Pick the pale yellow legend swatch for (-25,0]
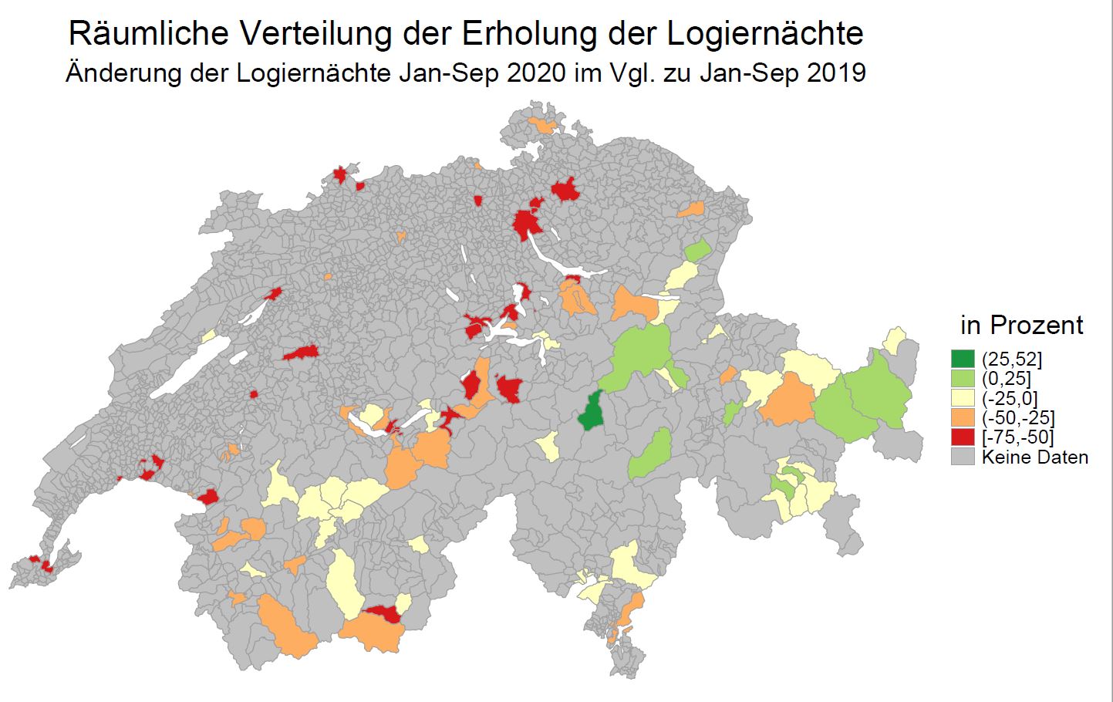click(x=963, y=398)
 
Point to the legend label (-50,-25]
click(x=1017, y=418)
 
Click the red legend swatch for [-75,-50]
click(x=963, y=437)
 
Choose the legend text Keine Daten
click(x=1034, y=457)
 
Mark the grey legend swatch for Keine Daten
click(x=963, y=457)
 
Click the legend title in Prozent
click(x=1021, y=325)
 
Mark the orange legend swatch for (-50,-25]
click(x=963, y=418)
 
